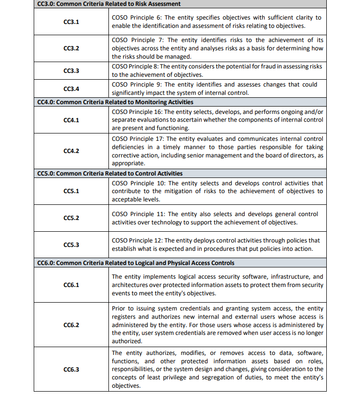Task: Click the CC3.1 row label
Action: [x=71, y=22]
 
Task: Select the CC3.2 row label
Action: [x=71, y=48]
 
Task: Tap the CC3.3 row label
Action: [x=71, y=71]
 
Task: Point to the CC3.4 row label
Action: [x=71, y=89]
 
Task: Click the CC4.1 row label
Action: [x=71, y=120]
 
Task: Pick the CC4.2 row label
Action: [x=71, y=151]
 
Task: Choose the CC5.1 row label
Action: [x=71, y=191]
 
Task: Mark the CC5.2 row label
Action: [x=71, y=218]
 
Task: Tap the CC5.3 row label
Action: [x=71, y=244]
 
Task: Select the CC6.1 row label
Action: [x=71, y=285]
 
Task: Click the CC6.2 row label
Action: [x=71, y=325]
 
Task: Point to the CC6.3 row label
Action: [x=71, y=369]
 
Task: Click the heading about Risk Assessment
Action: [x=109, y=4]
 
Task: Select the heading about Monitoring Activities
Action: [x=115, y=102]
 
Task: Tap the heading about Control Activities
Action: [x=110, y=174]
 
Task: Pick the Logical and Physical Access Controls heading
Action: [x=136, y=263]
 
